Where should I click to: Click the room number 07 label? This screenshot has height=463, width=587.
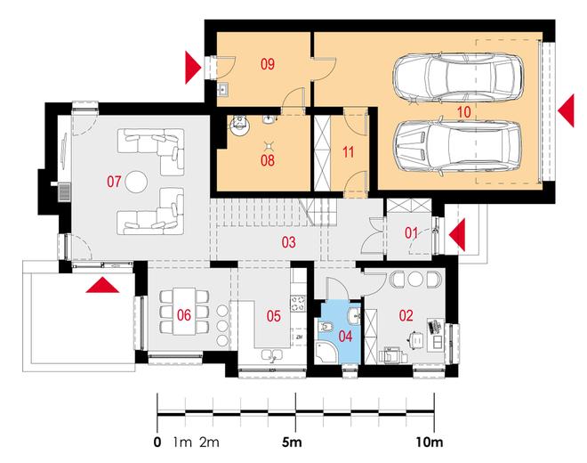point(114,182)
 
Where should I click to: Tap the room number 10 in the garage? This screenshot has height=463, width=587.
point(463,112)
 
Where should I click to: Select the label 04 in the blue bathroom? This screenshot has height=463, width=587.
point(345,337)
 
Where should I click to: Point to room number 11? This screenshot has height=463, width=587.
point(348,152)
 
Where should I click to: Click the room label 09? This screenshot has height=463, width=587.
point(268,64)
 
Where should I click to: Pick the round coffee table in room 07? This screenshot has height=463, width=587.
point(136,182)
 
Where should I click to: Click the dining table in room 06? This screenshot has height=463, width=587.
point(184,311)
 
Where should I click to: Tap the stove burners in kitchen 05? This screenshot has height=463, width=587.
point(299,303)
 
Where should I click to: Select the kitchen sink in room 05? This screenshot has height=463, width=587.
point(272,355)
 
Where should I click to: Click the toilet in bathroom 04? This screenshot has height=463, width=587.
point(326,328)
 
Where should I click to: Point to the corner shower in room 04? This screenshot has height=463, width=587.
point(326,353)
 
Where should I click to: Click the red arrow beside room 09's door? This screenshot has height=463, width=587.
point(193,68)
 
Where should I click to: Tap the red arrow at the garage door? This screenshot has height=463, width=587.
point(566,111)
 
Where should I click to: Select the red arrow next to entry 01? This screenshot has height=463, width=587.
point(457,235)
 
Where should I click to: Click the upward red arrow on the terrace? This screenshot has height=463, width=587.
point(102,285)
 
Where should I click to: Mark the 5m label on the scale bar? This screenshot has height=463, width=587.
point(292,443)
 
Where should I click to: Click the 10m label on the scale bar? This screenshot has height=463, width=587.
point(430,443)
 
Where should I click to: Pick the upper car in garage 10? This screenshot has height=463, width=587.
point(458,78)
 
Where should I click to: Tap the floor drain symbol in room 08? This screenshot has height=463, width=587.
point(268,145)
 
